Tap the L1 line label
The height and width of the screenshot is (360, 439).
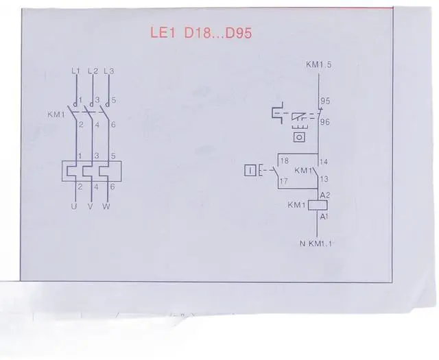tap(76, 71)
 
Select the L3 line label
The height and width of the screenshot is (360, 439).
tap(108, 71)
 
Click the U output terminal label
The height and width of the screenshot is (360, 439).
tap(76, 206)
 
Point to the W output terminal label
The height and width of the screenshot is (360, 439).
tap(107, 206)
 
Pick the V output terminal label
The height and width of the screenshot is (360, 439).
tap(91, 206)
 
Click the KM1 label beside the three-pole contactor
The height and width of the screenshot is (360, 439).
tap(57, 115)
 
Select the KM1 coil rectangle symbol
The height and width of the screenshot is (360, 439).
tap(317, 204)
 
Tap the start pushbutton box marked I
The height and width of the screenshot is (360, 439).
tap(251, 170)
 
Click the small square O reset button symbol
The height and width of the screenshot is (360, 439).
tap(298, 137)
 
